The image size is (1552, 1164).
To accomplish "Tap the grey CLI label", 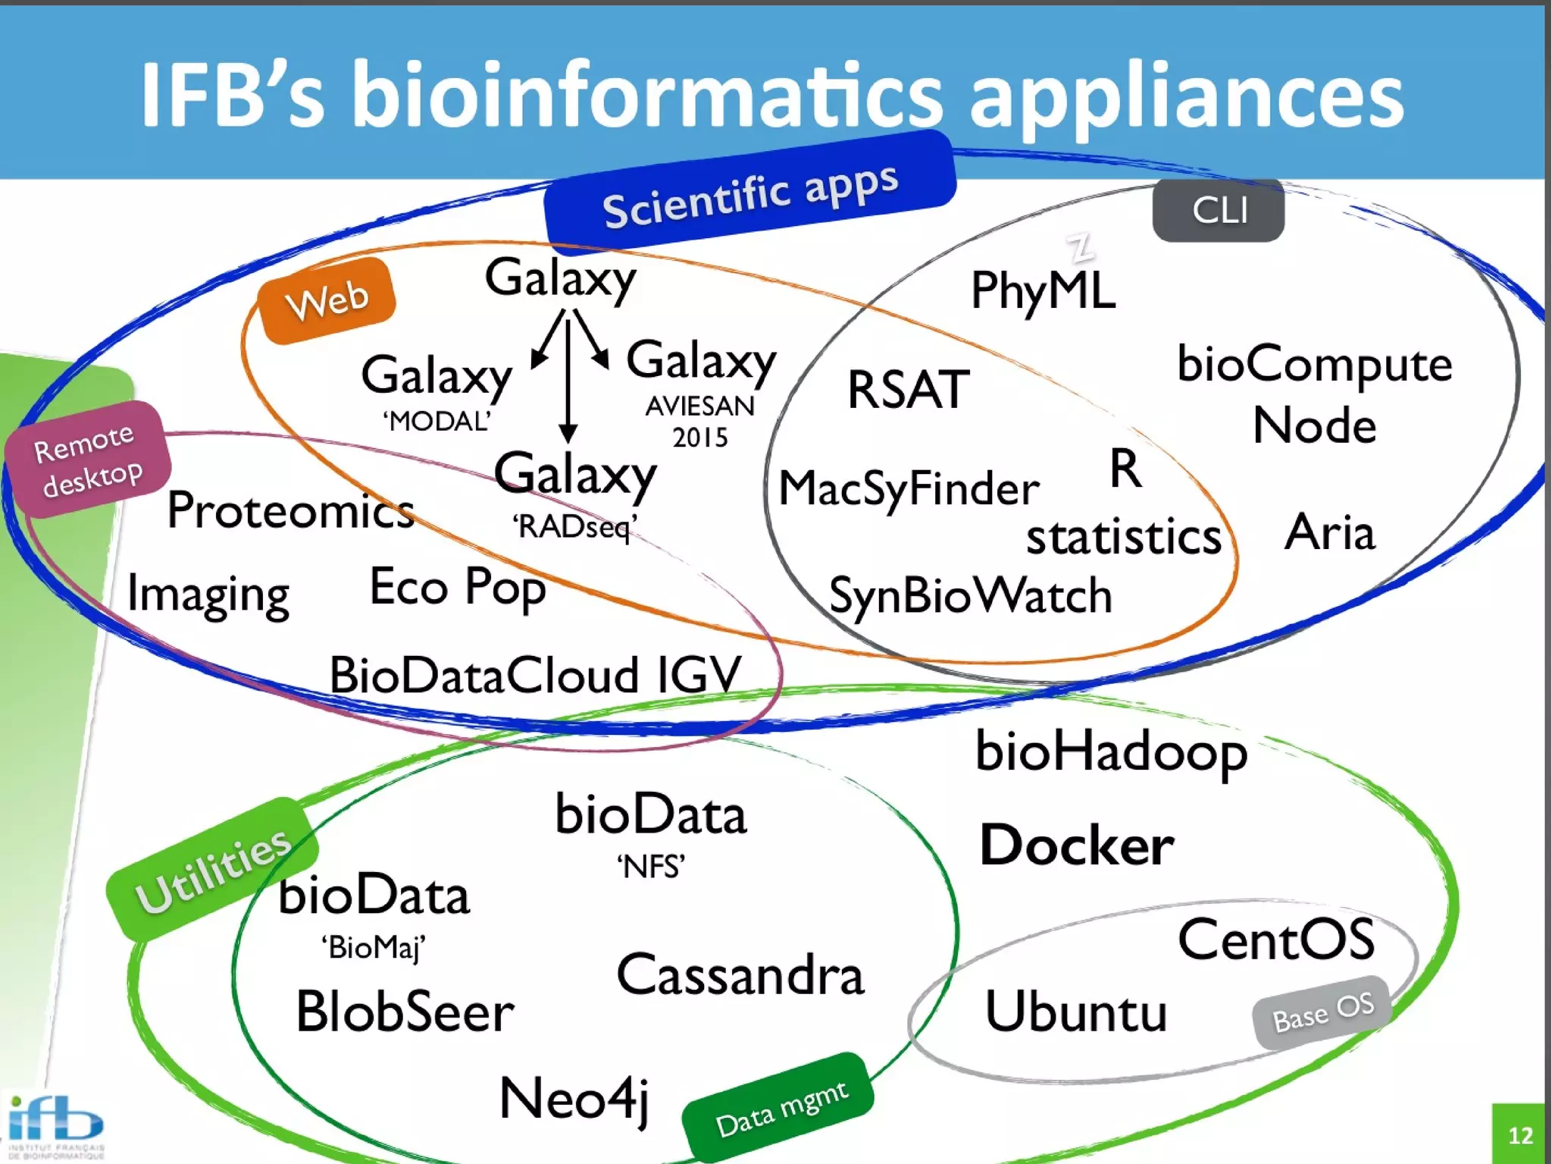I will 1218,211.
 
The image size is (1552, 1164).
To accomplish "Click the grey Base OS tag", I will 1322,1012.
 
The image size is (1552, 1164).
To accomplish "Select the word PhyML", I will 1043,290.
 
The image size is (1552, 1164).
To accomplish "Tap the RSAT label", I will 908,390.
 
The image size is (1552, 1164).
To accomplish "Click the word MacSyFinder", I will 909,488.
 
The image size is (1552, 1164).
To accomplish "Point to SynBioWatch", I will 970,596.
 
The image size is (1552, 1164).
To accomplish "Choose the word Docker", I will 1076,846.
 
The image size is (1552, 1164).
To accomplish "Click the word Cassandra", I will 740,975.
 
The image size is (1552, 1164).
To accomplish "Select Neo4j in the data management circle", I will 574,1099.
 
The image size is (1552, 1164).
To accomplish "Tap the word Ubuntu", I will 1075,1012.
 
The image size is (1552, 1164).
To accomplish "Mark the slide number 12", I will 1519,1135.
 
